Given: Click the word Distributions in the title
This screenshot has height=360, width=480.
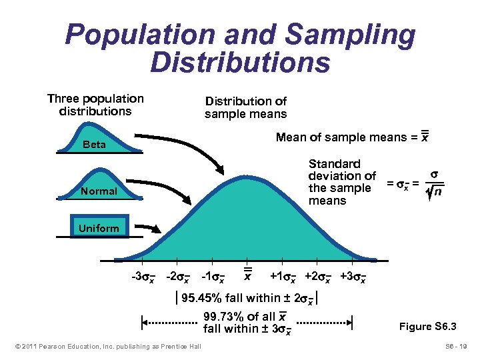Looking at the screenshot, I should coord(240,62).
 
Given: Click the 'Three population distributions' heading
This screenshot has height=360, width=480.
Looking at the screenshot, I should coord(95,105).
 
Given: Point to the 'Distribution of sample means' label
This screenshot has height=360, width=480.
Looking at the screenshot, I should coord(245,107).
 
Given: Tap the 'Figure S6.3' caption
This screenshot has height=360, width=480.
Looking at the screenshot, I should coord(427,326).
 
